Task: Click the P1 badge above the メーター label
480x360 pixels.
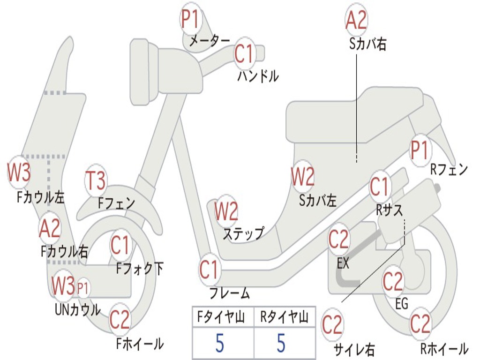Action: pos(191,19)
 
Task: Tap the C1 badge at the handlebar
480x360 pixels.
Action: pos(245,53)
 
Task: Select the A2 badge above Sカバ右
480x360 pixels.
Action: pos(356,19)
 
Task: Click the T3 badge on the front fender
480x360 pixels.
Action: pos(96,180)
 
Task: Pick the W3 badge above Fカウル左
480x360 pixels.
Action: pos(19,172)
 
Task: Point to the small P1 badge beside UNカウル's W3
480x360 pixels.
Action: pos(82,288)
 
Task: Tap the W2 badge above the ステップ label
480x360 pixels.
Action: pos(226,211)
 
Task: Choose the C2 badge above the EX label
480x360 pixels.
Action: pos(338,240)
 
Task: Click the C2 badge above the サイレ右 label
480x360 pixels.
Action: pos(332,324)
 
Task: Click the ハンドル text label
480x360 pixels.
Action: pos(258,76)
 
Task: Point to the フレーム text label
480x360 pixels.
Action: pos(230,293)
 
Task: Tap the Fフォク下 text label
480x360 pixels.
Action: pos(140,269)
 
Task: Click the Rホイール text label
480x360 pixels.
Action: pos(444,348)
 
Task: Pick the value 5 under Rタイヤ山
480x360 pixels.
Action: pos(281,343)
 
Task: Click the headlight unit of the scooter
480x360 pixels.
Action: pos(144,73)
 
